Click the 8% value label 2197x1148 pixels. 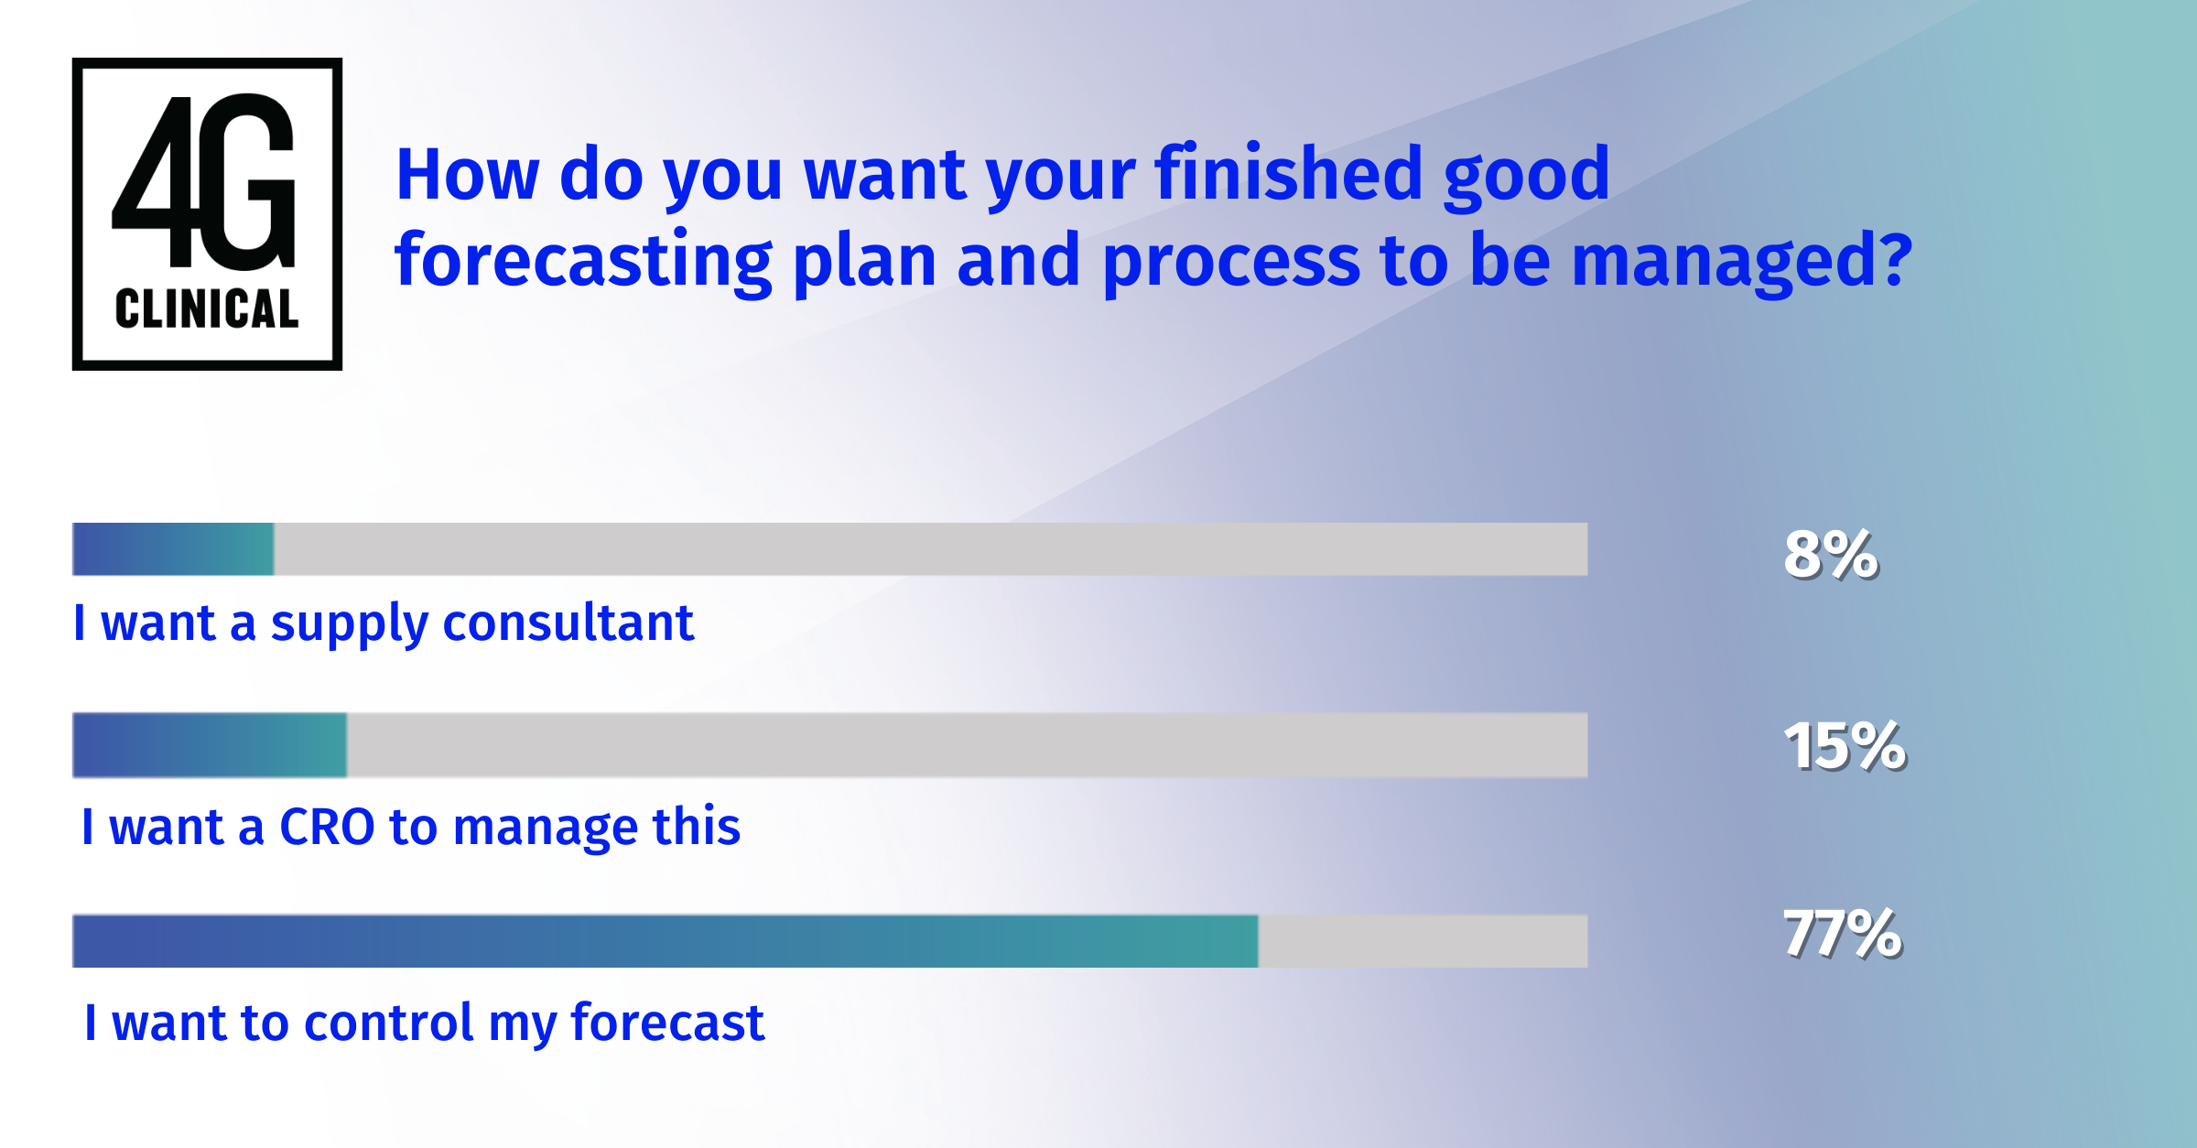tap(1831, 555)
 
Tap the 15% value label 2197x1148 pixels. tap(1845, 746)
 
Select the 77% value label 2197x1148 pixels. tap(1842, 934)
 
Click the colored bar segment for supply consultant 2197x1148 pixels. tap(173, 549)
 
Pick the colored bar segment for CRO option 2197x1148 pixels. tap(210, 745)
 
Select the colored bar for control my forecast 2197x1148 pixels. tap(665, 941)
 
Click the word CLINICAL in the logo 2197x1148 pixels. tap(207, 309)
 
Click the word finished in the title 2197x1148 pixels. tap(1287, 174)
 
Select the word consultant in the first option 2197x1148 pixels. tap(568, 623)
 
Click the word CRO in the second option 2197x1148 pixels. tap(327, 827)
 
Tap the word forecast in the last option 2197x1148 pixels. tap(666, 1023)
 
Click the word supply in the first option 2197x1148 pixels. tap(349, 625)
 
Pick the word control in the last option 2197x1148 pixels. tap(388, 1023)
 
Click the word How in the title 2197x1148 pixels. tap(467, 174)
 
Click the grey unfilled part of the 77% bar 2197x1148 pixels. tap(1423, 941)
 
